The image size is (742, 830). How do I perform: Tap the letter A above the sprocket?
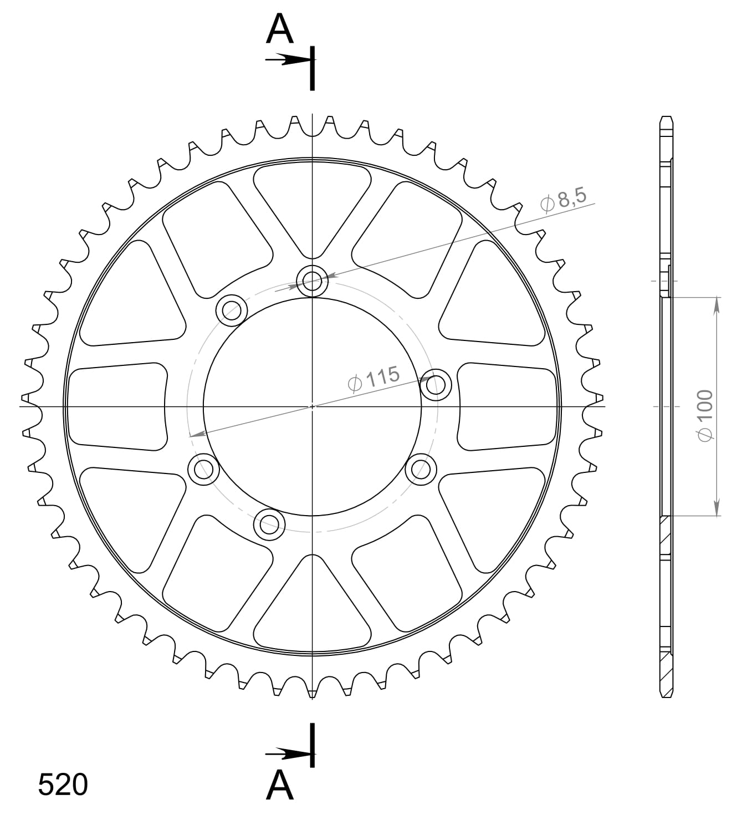pos(279,30)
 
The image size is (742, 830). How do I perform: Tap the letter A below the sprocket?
pos(279,786)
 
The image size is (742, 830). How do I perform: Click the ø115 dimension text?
pos(373,379)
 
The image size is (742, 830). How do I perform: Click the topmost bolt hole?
pos(313,281)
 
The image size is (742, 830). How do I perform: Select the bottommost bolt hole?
pos(269,523)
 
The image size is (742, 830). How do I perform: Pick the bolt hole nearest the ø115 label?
pos(436,384)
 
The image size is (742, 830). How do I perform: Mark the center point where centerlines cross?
pos(313,406)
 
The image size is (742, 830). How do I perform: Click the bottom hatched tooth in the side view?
pos(667,674)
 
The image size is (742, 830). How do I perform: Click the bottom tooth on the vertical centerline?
pos(313,692)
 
